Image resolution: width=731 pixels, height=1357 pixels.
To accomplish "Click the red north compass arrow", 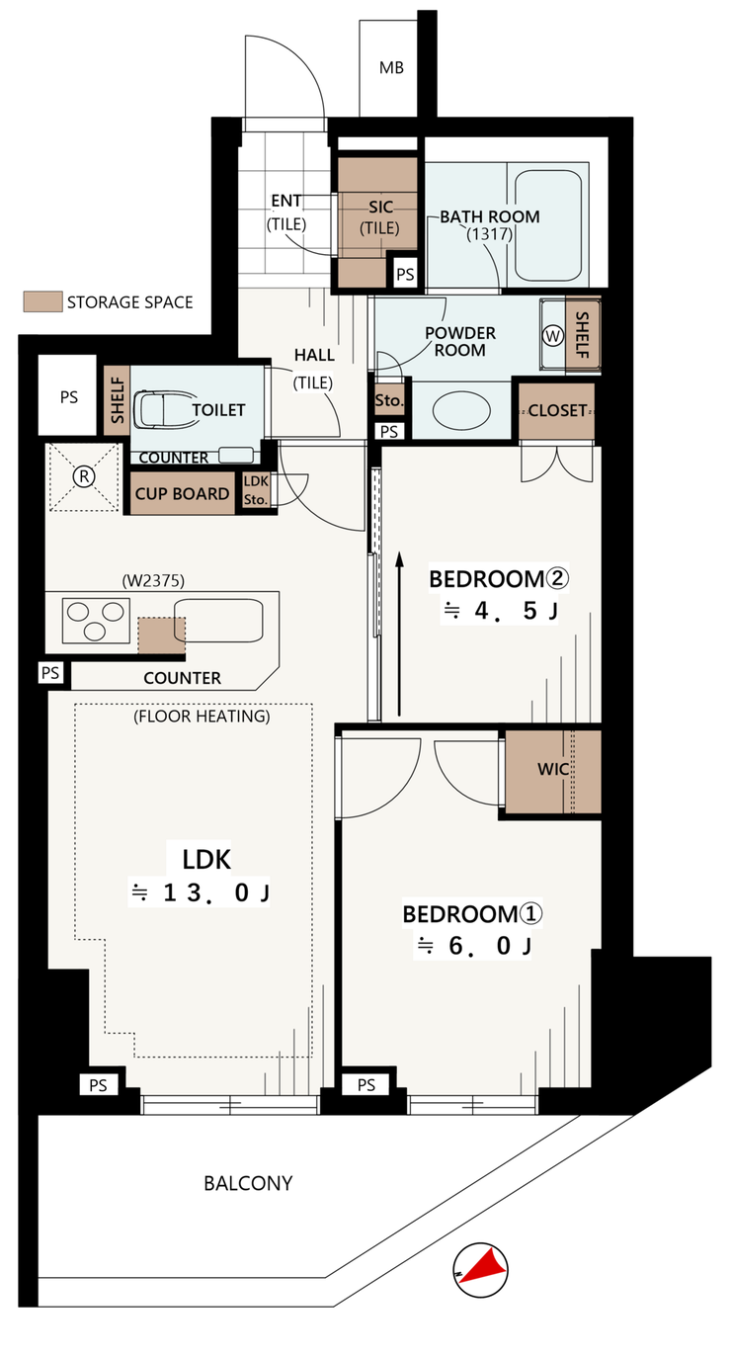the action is (484, 1267).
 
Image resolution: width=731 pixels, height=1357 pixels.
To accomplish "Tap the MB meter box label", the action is (391, 68).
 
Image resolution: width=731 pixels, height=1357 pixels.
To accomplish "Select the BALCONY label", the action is (248, 1183).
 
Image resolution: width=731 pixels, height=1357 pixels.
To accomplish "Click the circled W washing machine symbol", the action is (552, 336).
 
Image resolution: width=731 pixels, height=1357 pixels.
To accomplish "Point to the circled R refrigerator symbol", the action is (84, 476).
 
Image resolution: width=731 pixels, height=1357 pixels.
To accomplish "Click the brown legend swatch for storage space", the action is (42, 301).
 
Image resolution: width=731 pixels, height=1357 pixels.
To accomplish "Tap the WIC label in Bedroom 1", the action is (553, 769).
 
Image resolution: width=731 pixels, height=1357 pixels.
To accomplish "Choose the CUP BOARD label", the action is (183, 494).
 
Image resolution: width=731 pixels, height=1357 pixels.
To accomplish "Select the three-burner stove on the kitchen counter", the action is (96, 621).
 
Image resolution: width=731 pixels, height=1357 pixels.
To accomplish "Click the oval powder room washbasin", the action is (461, 410).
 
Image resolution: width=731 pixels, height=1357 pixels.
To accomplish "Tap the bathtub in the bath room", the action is (548, 225).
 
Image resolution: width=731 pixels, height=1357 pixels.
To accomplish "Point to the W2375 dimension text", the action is (153, 581).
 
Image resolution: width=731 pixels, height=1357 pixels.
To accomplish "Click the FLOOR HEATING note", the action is (202, 717).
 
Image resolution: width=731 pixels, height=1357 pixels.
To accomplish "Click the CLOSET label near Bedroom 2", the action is (557, 411).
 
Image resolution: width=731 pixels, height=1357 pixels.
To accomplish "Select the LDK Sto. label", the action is (256, 490).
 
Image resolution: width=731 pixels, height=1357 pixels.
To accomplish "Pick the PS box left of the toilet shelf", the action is (68, 395).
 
